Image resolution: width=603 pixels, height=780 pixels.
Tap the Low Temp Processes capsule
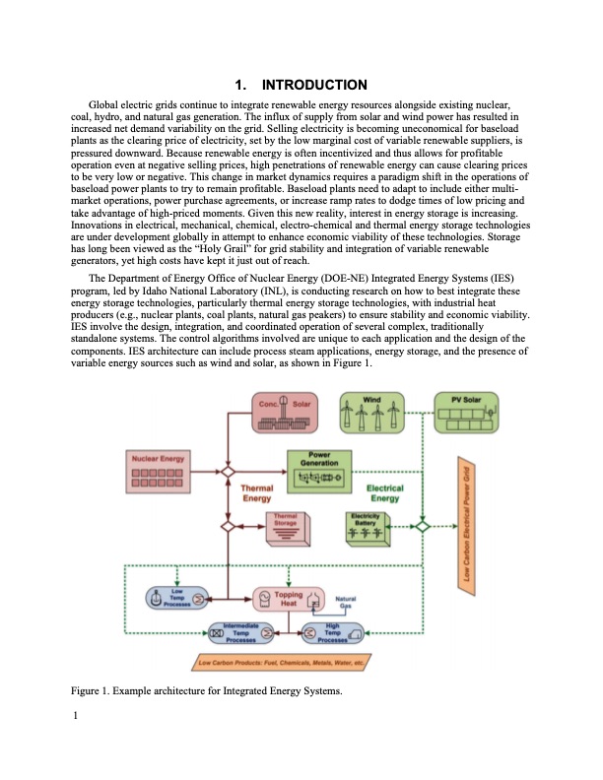[x=173, y=597]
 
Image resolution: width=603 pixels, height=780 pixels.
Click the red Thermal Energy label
[x=257, y=493]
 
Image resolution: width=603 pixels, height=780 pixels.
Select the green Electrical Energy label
[x=385, y=493]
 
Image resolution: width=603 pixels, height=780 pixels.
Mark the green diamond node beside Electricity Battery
[x=421, y=526]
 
